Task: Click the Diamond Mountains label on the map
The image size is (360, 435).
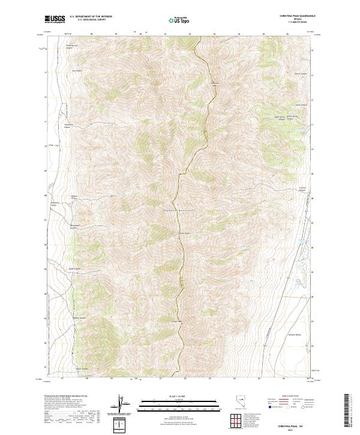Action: click(x=180, y=210)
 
